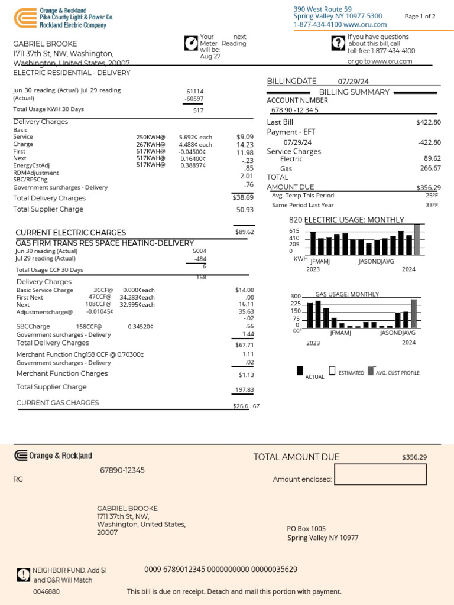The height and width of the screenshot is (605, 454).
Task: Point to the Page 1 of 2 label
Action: [x=420, y=17]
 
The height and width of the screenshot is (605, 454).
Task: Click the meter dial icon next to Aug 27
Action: [x=191, y=44]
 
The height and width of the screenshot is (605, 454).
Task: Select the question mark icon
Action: [x=338, y=43]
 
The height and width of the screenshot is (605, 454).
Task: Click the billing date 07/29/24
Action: [x=353, y=82]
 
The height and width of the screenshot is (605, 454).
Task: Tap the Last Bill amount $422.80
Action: [x=429, y=122]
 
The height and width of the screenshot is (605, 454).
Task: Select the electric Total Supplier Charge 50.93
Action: [x=244, y=210]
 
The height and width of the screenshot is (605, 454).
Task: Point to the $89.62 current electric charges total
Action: [x=244, y=232]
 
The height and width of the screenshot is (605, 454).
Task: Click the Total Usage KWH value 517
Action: [x=198, y=110]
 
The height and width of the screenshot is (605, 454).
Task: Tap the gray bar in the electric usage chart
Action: [x=417, y=239]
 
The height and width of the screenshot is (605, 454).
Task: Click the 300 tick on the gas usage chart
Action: [x=296, y=297]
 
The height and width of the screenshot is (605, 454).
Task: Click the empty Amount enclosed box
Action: [x=380, y=474]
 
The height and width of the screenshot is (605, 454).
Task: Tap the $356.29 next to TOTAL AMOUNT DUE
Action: [x=414, y=457]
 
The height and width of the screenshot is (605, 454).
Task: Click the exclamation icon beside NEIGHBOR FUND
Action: [x=23, y=574]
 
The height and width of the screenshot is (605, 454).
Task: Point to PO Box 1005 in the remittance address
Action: [x=306, y=529]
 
